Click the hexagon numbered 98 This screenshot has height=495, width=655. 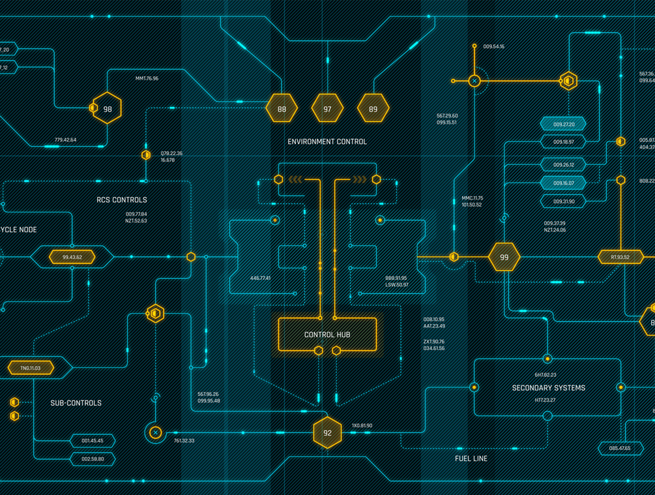[107, 108]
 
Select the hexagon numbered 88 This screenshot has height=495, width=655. [282, 109]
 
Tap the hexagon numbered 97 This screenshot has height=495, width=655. [327, 109]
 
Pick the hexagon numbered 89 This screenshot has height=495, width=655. [373, 109]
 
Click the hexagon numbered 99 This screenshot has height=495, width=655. [504, 257]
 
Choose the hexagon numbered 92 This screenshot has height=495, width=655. [327, 432]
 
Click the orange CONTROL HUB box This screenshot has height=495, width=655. [327, 335]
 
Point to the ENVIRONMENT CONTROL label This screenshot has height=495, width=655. [327, 142]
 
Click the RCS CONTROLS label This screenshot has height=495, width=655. [122, 200]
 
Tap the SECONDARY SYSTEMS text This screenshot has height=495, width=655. [548, 387]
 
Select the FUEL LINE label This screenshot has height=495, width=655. [471, 458]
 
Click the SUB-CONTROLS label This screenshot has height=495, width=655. [76, 403]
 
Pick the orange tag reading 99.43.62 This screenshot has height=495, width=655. [72, 257]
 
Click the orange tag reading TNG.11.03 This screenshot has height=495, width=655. [30, 368]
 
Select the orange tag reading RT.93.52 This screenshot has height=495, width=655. [620, 257]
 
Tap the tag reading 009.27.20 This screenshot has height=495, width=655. [563, 124]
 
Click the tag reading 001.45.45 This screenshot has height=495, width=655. [93, 441]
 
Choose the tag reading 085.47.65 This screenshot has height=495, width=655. [619, 448]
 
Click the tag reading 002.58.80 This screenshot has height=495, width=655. [93, 459]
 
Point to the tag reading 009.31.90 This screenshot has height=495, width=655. [563, 202]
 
